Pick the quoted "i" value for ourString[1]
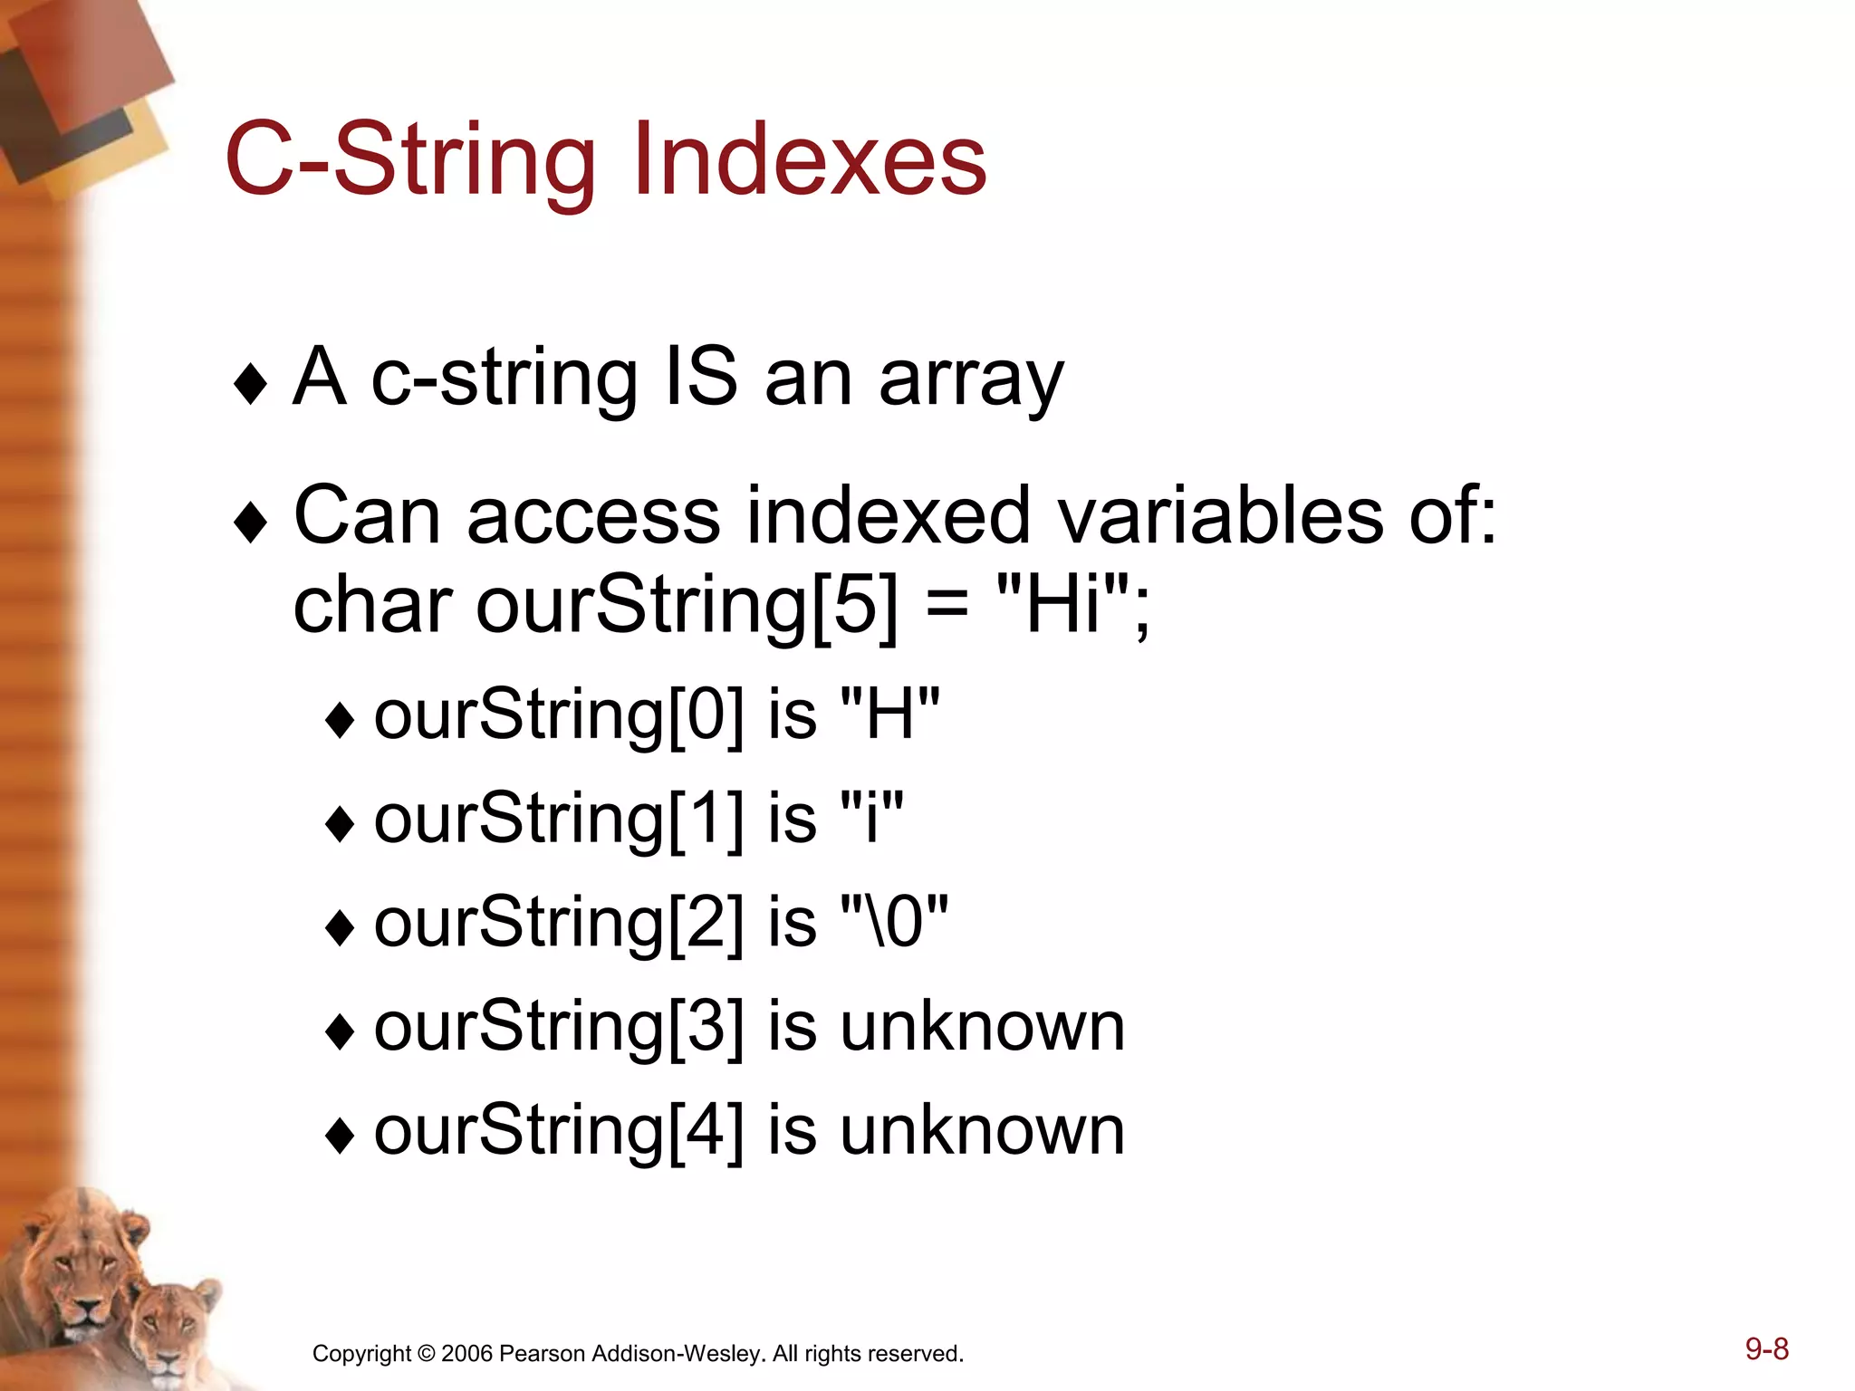(x=871, y=817)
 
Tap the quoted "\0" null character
(x=894, y=921)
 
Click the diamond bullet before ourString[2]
(x=340, y=928)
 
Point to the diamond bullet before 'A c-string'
(x=250, y=384)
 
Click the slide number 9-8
(x=1766, y=1349)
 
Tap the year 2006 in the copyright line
(x=466, y=1354)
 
